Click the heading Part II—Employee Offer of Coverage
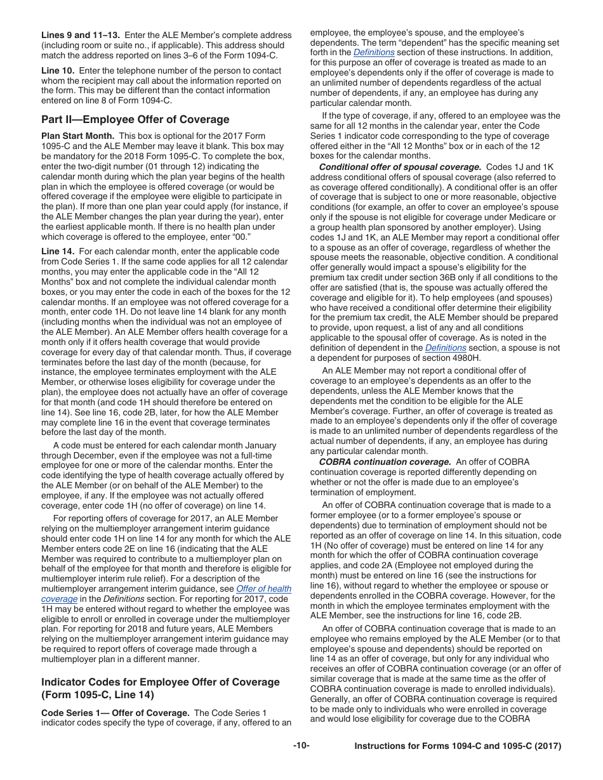coord(135,119)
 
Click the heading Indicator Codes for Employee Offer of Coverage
coord(160,682)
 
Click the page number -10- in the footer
coord(301,746)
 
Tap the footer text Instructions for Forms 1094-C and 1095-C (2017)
coord(458,746)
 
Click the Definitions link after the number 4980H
coord(446,348)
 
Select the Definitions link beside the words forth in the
coord(374,52)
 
